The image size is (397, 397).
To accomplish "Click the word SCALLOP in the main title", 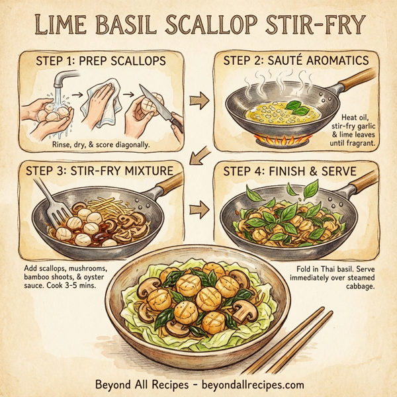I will pos(211,26).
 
